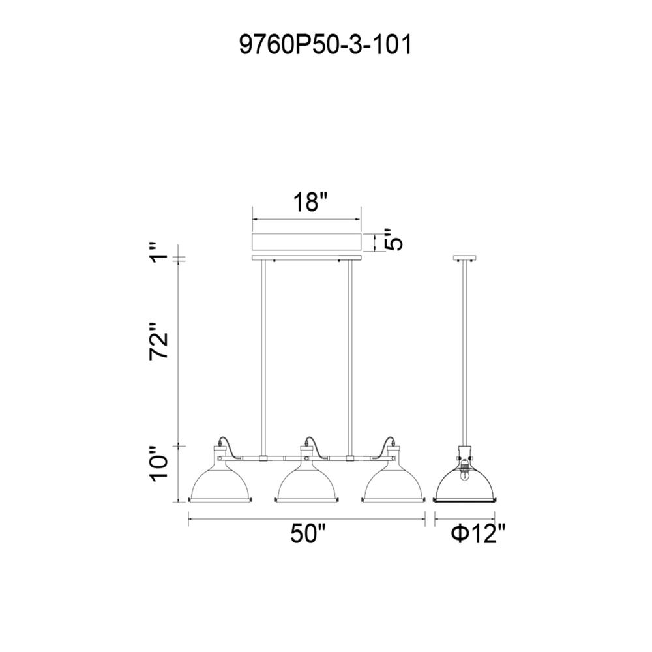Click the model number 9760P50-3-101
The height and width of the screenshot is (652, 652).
pos(325,45)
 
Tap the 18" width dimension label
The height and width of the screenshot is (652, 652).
pos(310,202)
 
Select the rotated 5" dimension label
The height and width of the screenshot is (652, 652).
pos(393,239)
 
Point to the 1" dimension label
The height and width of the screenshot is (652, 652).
pos(159,252)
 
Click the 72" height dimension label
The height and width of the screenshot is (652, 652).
pos(159,340)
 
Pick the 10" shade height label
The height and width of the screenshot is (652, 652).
pos(159,464)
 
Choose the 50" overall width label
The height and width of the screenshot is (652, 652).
pos(308,533)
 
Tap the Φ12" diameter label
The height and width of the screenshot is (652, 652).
pos(478,533)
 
